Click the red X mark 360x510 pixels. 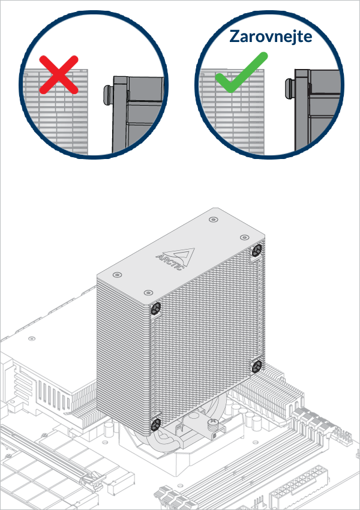point(58,74)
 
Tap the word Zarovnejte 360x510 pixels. point(271,36)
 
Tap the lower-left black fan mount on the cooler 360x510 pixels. point(155,424)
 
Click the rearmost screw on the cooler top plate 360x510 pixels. point(214,220)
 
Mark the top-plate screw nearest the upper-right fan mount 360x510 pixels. point(244,238)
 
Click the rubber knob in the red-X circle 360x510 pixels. point(106,94)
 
